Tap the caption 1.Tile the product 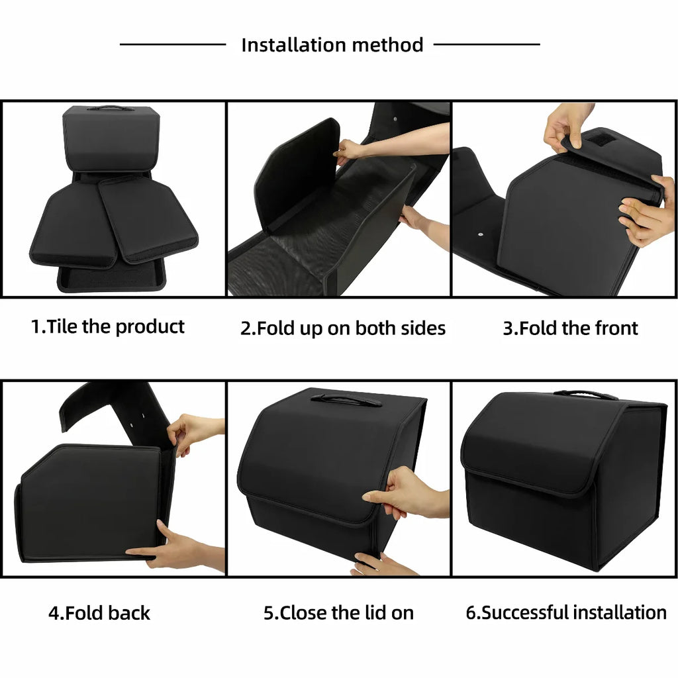pos(108,326)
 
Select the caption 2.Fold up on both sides pos(342,328)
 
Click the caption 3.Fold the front pos(570,328)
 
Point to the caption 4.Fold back pos(99,613)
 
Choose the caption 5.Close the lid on pos(338,613)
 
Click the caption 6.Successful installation pos(566,613)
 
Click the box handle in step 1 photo pos(110,108)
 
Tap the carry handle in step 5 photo pos(346,400)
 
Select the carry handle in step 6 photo pos(585,395)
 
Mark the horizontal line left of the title pos(173,45)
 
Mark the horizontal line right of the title pos(487,45)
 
